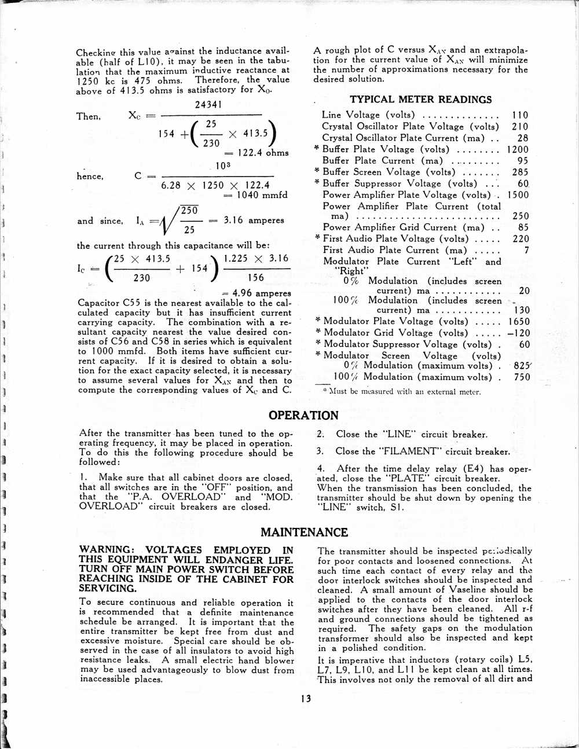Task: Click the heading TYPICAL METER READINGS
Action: click(x=420, y=100)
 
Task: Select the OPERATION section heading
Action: click(x=303, y=415)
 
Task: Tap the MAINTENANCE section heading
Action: click(x=304, y=532)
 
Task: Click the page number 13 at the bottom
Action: click(x=306, y=699)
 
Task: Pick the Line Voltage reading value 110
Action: click(x=520, y=115)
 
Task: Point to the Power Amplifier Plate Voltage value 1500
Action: click(x=518, y=195)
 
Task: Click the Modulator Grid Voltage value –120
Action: click(x=518, y=333)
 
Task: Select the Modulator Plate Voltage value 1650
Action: click(x=519, y=321)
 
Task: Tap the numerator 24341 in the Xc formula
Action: click(x=208, y=105)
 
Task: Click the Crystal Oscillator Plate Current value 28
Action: click(x=522, y=138)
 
